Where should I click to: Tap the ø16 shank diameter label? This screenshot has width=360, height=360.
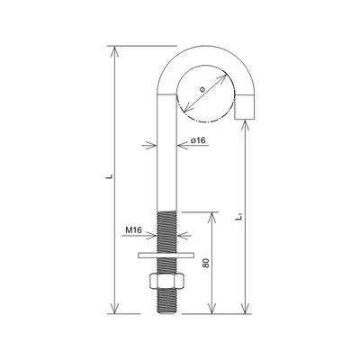(200, 140)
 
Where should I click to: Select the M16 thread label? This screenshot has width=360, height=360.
(134, 231)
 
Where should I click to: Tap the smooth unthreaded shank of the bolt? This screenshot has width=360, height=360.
(165, 153)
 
